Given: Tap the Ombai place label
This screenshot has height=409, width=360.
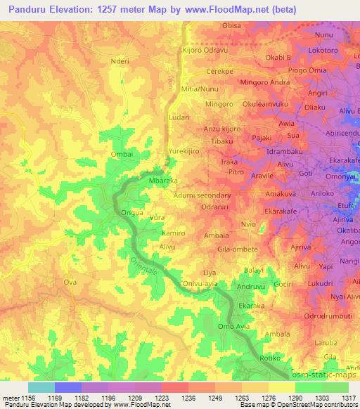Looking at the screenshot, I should click(122, 154).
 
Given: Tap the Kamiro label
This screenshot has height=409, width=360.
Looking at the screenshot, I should click(173, 233).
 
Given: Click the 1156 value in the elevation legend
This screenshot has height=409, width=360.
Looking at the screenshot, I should click(23, 398).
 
